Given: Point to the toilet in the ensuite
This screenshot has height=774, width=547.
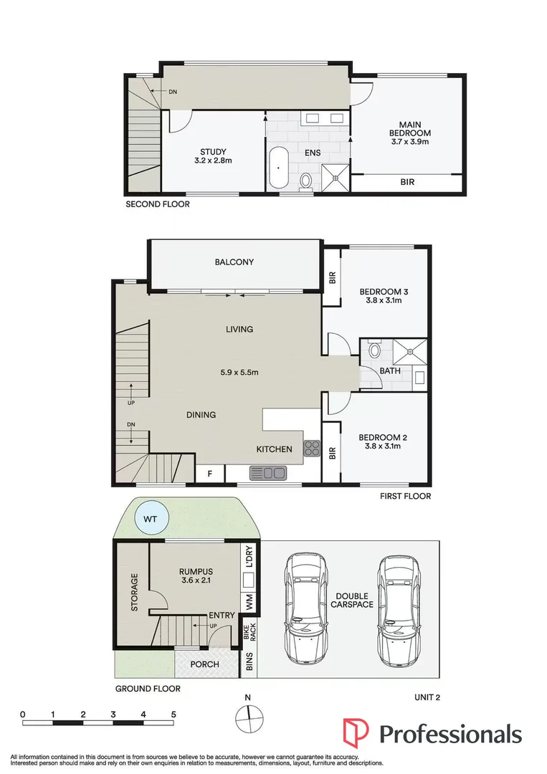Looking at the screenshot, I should (306, 181).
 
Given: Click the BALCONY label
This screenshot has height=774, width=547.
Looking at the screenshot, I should (234, 262).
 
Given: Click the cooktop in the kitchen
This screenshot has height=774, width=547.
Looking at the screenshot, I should (313, 449).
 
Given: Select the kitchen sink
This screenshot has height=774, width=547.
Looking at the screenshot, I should (268, 473).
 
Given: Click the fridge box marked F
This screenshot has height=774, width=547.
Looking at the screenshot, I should (210, 474).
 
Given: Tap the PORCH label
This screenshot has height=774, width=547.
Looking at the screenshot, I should (205, 664).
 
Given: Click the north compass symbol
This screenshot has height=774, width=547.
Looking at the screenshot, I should (248, 715).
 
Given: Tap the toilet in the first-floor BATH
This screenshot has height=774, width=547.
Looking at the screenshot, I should (374, 351).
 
